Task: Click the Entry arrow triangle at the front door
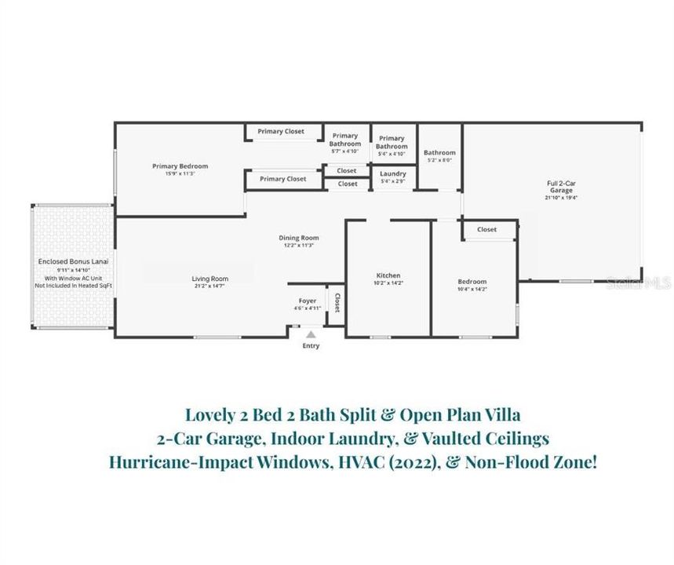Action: point(309,334)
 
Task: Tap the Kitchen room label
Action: point(388,275)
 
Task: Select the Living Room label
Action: point(210,279)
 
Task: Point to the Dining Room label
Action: point(299,238)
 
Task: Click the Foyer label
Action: point(307,301)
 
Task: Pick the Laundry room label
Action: point(392,173)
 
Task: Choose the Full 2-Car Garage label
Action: point(560,187)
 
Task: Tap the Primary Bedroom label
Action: point(180,166)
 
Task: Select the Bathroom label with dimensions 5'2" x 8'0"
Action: point(439,153)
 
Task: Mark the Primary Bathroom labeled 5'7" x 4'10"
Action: point(344,140)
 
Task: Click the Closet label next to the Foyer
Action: point(337,303)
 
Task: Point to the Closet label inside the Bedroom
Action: point(486,230)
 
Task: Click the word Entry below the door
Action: point(311,346)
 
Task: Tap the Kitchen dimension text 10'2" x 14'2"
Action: point(388,283)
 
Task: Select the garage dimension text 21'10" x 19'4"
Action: point(560,199)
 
